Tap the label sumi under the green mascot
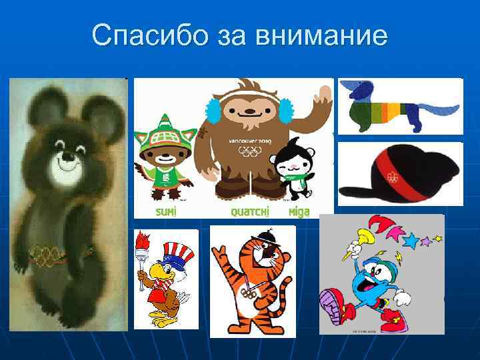(166, 211)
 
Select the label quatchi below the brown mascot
(249, 211)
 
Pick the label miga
(299, 211)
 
